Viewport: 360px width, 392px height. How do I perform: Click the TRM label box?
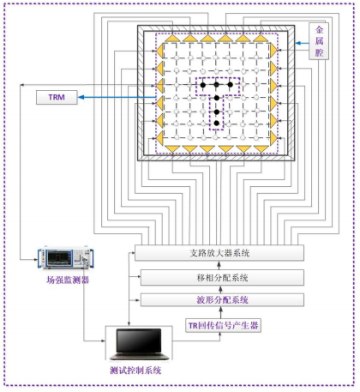(x=57, y=97)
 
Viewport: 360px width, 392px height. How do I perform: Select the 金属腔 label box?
(x=319, y=41)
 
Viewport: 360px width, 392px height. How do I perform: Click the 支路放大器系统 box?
(x=219, y=253)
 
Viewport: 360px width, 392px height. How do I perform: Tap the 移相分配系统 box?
(x=222, y=277)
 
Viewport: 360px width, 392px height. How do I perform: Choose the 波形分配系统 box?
(x=222, y=300)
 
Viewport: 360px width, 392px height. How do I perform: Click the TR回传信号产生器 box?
(x=223, y=325)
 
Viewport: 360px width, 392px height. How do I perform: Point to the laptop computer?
(x=139, y=344)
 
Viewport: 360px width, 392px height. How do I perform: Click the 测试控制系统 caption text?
(x=135, y=371)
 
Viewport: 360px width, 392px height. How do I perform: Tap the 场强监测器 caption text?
(x=68, y=280)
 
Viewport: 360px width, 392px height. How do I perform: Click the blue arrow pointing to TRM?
(x=117, y=98)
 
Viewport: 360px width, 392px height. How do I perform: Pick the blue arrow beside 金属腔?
(x=302, y=44)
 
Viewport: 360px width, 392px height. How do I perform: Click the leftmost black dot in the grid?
(x=203, y=85)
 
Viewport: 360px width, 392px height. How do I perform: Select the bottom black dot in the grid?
(x=217, y=124)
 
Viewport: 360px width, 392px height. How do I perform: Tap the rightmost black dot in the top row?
(x=231, y=85)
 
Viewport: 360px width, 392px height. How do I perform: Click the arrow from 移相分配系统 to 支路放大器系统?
(x=219, y=265)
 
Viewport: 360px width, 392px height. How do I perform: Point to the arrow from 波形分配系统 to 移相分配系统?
(x=220, y=289)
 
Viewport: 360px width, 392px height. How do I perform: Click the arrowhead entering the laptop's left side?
(x=103, y=341)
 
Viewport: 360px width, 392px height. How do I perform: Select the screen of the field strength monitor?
(x=59, y=256)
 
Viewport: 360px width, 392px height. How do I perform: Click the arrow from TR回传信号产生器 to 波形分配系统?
(x=220, y=312)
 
